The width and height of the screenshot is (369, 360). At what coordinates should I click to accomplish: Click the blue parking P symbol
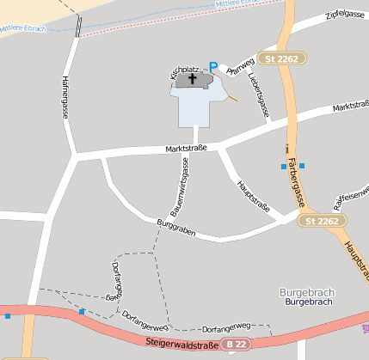[x=214, y=65]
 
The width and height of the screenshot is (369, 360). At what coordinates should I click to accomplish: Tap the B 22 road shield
[x=240, y=344]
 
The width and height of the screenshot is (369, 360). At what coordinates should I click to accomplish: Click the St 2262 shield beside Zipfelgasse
[x=284, y=59]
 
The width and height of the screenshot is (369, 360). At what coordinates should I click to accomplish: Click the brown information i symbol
[x=286, y=148]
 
